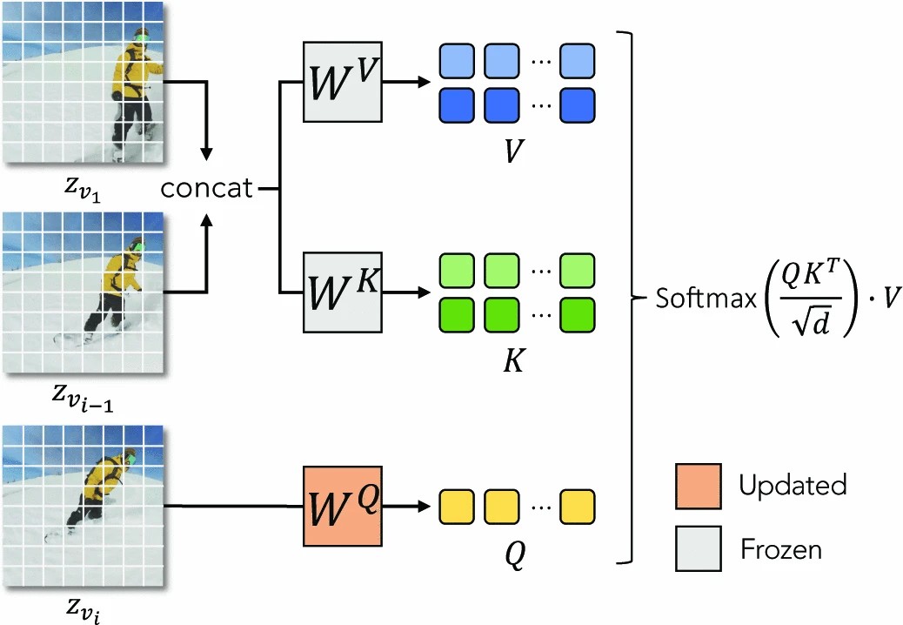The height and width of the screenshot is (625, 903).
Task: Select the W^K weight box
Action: tap(343, 292)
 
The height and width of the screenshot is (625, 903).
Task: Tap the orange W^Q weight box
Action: tap(343, 506)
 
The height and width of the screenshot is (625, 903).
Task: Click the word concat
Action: tap(206, 187)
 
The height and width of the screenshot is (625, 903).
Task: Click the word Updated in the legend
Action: tap(793, 485)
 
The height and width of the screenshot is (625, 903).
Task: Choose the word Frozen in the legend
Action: tap(781, 549)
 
